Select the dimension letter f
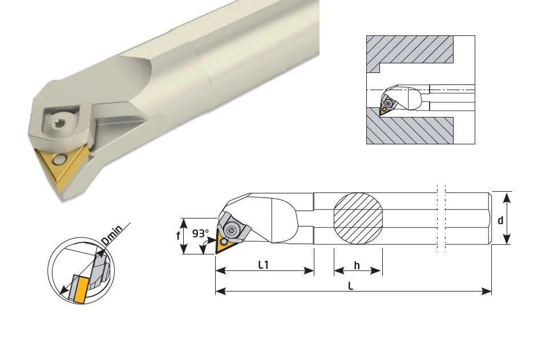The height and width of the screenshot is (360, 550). (x=178, y=236)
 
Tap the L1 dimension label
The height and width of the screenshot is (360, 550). (x=264, y=265)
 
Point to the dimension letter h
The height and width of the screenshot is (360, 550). (x=357, y=266)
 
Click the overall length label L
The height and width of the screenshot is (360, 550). (x=350, y=286)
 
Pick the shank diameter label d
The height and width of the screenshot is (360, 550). (x=500, y=220)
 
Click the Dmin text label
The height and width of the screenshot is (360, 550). (x=112, y=234)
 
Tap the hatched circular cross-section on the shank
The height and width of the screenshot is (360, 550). (x=358, y=218)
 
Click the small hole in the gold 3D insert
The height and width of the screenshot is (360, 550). (x=58, y=160)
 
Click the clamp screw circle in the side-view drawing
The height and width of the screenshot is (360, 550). (x=232, y=230)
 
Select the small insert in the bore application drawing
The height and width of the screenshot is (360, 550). (x=384, y=110)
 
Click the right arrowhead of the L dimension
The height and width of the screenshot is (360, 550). (x=487, y=291)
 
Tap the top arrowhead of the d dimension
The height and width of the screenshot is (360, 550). (x=507, y=197)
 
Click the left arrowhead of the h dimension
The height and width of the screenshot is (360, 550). (x=339, y=270)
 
